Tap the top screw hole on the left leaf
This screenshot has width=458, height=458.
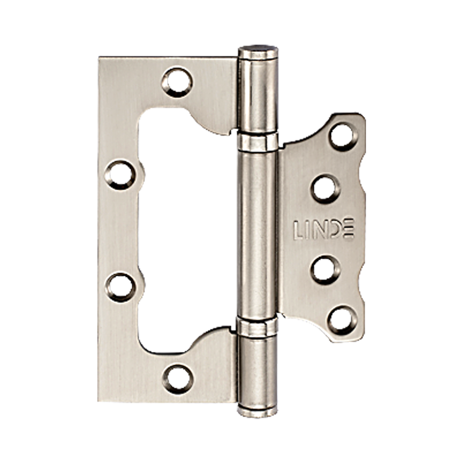pyautogui.click(x=177, y=82)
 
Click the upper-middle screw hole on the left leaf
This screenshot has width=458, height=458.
pyautogui.click(x=120, y=175)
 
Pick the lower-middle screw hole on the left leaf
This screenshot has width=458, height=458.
pyautogui.click(x=121, y=287)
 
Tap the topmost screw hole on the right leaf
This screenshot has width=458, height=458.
pyautogui.click(x=343, y=137)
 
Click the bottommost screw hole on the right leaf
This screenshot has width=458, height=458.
pyautogui.click(x=342, y=321)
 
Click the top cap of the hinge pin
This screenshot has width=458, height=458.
pyautogui.click(x=258, y=51)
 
